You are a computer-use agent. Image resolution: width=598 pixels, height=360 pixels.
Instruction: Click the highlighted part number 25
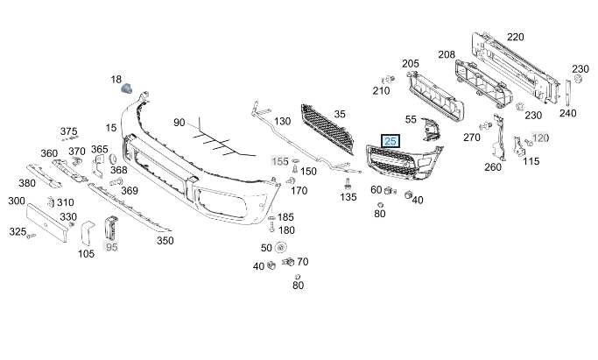[x=390, y=141]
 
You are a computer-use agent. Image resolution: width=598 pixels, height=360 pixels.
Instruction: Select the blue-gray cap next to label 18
[x=129, y=86]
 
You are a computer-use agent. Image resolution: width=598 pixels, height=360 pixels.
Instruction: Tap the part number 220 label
[x=516, y=37]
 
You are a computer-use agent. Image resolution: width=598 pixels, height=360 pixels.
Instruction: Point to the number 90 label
[x=179, y=123]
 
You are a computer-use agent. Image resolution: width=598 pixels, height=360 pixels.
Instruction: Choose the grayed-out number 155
[x=279, y=161]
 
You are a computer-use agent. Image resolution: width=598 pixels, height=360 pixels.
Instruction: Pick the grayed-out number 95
[x=111, y=247]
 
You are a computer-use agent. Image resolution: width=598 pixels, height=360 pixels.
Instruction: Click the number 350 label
[x=165, y=239]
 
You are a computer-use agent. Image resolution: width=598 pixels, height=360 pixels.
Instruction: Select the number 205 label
[x=411, y=63]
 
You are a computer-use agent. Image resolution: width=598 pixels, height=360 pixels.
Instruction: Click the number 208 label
[x=447, y=54]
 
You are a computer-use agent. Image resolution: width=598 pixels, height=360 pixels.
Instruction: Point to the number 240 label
[x=568, y=112]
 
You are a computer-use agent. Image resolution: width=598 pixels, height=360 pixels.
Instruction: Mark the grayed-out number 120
[x=540, y=138]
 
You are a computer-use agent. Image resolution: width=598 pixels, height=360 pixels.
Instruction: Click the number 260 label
[x=493, y=167]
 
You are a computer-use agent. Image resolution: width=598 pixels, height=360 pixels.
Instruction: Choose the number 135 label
[x=348, y=197]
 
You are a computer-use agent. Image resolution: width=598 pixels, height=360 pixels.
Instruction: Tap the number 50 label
[x=266, y=248]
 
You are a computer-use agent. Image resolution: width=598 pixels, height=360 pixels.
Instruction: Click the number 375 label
[x=69, y=131]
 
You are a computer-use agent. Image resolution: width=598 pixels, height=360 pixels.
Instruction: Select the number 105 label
[x=86, y=254]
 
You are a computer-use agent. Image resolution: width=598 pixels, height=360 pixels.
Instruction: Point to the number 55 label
[x=412, y=118]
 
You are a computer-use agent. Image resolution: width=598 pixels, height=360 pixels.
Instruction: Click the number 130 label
[x=282, y=121]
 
